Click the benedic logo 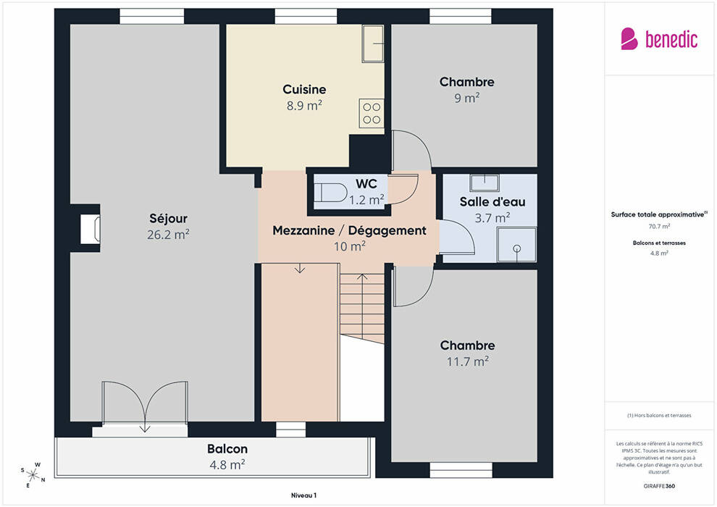[659, 39]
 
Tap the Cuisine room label [304, 89]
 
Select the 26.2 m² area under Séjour [168, 235]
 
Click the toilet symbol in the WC [330, 193]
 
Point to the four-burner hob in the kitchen [372, 114]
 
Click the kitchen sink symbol [373, 43]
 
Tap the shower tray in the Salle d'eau [516, 245]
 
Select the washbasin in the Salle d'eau [485, 183]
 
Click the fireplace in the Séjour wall [90, 229]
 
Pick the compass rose [33, 474]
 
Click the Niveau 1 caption [303, 495]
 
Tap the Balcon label [227, 449]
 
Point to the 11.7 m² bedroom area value [467, 361]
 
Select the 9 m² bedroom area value [467, 98]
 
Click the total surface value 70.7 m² [659, 226]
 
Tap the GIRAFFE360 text [659, 486]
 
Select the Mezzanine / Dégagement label [349, 230]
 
